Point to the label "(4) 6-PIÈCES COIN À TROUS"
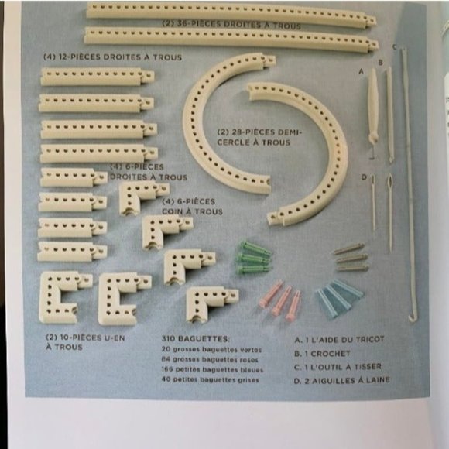(x=193, y=207)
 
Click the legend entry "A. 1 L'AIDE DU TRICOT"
(x=340, y=339)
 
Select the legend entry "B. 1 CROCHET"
(x=324, y=352)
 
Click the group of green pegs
(x=254, y=257)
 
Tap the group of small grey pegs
(x=351, y=256)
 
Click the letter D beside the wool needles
(x=363, y=177)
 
